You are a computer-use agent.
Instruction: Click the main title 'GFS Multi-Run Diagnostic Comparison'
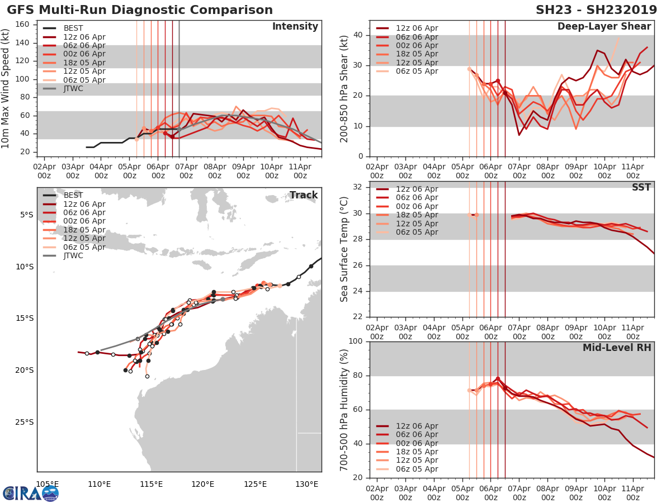pos(140,10)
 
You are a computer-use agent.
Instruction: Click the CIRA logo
pos(31,492)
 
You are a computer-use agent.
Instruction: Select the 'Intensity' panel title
pos(295,27)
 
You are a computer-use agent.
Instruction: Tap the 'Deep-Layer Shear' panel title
pos(604,27)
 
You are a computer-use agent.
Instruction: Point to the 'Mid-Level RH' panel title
pos(617,348)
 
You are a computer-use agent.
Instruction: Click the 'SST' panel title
pos(641,187)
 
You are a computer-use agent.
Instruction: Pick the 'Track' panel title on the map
pos(303,195)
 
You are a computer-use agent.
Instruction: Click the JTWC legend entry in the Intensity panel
pos(73,89)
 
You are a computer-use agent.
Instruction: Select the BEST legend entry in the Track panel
pos(73,195)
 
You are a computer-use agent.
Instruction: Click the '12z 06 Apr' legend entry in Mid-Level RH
pos(417,426)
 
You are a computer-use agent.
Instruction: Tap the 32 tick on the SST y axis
pos(358,187)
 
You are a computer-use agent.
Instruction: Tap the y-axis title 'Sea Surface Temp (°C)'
pos(345,249)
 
